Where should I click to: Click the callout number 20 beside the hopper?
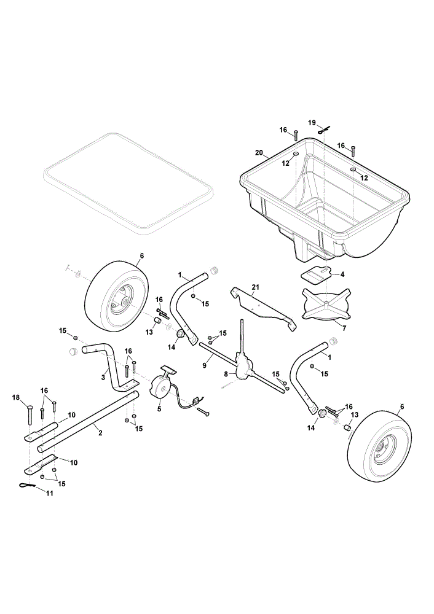(259, 153)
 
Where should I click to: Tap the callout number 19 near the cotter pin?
(312, 123)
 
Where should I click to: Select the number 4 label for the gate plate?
(342, 274)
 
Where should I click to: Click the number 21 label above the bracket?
(255, 287)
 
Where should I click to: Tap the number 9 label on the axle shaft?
(205, 365)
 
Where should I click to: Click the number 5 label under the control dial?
(159, 408)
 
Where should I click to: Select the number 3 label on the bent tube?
(103, 377)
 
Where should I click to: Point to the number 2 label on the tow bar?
(100, 433)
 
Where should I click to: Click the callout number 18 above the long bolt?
(16, 397)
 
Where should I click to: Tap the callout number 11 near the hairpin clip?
(49, 494)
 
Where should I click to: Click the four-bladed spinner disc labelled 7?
(325, 305)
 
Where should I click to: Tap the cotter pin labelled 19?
(325, 130)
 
